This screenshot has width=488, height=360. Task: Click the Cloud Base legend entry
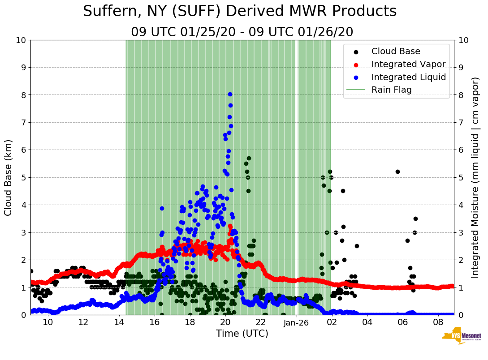396,51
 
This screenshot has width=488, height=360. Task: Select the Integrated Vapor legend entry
408,64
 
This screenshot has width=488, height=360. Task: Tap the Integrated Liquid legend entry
408,77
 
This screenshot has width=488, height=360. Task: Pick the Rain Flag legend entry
391,90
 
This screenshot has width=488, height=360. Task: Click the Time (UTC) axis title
242,334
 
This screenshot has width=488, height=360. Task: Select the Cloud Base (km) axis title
9,177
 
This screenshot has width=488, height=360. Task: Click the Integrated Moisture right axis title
475,177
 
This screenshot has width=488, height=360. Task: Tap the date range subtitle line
242,32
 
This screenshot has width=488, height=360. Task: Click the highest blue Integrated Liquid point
230,94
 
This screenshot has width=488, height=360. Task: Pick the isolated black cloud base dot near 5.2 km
397,171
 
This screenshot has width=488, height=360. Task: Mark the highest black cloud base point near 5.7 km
249,158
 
